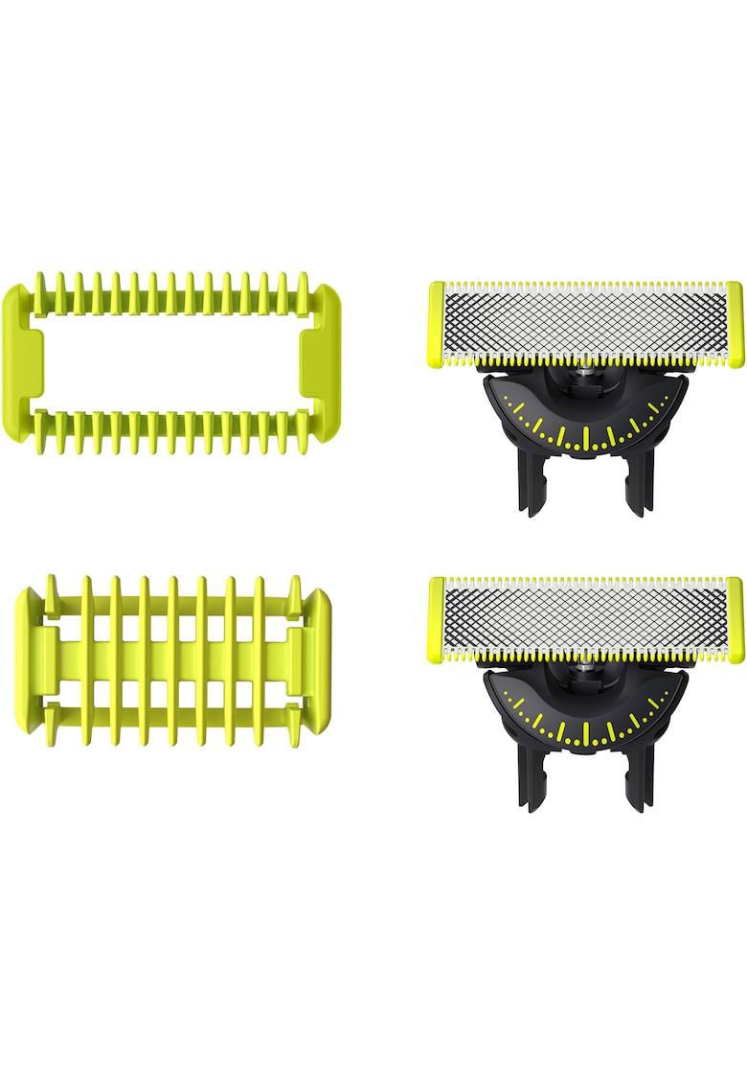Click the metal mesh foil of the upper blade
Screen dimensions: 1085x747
click(585, 323)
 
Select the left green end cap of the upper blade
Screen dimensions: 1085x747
click(437, 324)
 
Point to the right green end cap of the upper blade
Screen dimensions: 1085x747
click(735, 324)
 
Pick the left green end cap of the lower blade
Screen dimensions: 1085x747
click(437, 619)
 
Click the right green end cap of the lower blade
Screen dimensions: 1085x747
click(735, 619)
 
